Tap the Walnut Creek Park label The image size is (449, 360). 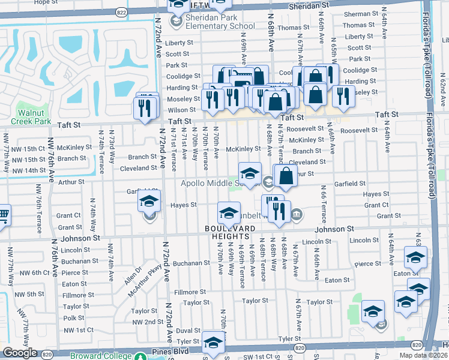[x=34, y=116]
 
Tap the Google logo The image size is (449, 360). [x=20, y=353]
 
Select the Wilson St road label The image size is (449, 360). [x=178, y=110]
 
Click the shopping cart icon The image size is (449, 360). [x=2, y=215]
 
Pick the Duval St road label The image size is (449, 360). [x=188, y=330]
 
